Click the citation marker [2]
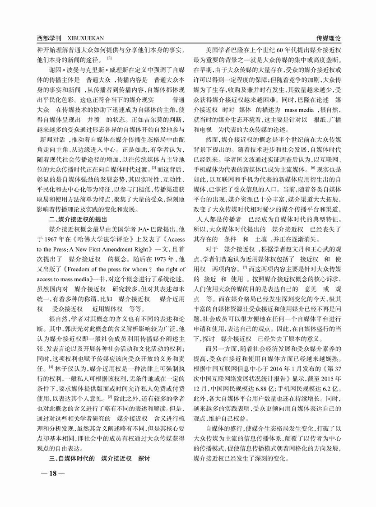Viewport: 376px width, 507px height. tap(109, 58)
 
